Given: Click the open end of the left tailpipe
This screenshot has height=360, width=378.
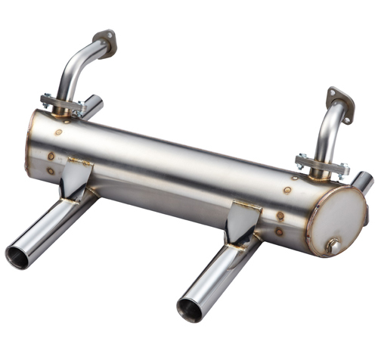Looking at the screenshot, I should [x=20, y=256].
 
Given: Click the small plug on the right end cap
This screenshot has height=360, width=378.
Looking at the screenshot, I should [x=332, y=246].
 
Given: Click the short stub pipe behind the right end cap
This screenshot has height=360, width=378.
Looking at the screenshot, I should [x=363, y=182].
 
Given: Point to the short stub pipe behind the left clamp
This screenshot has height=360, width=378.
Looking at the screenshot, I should [x=92, y=105].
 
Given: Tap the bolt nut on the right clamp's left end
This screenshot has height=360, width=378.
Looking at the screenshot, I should [x=302, y=160].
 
